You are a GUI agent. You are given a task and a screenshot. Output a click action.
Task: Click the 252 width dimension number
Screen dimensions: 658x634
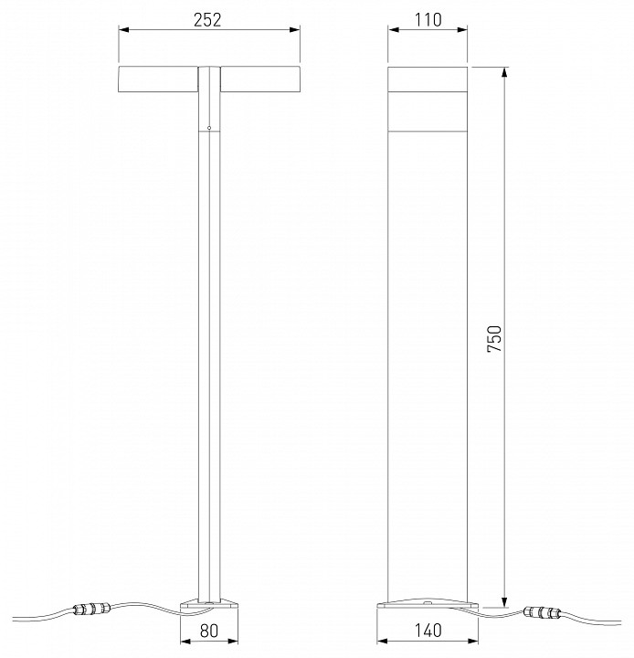209,19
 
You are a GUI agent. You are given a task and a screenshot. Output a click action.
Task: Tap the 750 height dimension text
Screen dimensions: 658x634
494,338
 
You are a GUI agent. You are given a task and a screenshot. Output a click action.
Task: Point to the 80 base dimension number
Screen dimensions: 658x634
209,631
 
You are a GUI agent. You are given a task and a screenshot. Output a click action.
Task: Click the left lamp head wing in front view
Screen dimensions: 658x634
158,80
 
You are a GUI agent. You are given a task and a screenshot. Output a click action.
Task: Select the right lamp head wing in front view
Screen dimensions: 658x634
260,80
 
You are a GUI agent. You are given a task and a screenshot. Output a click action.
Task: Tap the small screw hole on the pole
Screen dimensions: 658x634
209,127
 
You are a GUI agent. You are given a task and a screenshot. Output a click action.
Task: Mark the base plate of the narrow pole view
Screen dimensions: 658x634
209,603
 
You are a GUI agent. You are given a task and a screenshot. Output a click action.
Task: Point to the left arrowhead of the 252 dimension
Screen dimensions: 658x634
123,31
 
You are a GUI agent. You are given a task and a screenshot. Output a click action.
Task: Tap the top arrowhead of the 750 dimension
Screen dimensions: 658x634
503,71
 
